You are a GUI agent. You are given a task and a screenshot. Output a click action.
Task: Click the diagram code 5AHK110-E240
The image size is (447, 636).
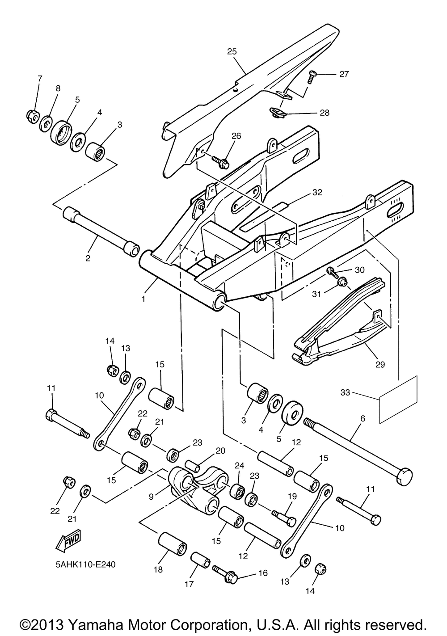85,564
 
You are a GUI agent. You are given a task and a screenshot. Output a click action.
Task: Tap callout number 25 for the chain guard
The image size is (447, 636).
232,51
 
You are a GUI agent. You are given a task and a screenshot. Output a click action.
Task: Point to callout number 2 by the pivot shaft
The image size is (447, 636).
88,258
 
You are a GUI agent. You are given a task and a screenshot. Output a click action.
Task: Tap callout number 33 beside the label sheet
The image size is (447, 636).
345,393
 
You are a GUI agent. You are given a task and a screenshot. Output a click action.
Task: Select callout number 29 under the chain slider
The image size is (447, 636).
380,364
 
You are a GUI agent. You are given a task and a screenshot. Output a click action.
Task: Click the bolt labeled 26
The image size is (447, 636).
220,162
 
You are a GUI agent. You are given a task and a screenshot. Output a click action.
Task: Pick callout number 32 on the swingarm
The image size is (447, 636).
317,193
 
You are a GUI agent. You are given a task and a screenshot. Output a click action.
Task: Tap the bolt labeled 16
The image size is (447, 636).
225,574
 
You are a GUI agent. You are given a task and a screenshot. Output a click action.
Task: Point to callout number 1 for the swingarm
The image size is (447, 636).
143,299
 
